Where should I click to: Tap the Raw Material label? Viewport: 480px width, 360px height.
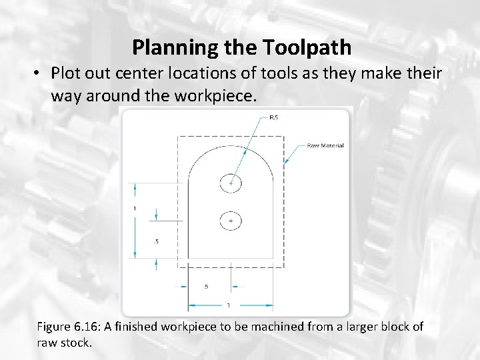[x=325, y=145]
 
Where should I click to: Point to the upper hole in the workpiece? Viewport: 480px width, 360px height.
[x=231, y=183]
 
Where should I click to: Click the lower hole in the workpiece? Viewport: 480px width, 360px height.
[x=231, y=220]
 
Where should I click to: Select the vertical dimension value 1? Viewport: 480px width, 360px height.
[x=135, y=209]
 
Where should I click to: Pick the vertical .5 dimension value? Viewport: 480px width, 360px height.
[x=155, y=241]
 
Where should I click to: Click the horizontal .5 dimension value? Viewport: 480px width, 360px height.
[x=205, y=287]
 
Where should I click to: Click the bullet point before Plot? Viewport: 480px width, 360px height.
[x=39, y=73]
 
